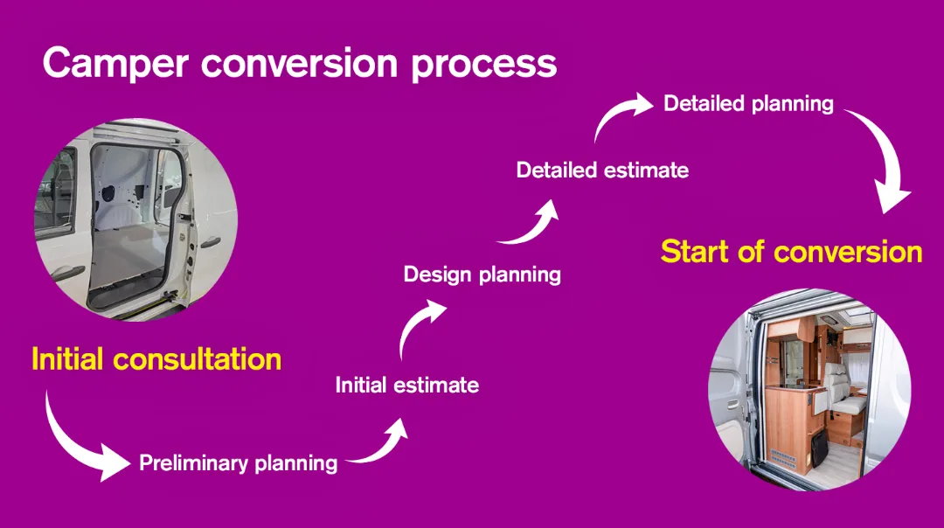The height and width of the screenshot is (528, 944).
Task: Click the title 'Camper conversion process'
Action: [x=300, y=64]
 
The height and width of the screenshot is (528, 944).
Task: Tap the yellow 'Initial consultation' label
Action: [x=156, y=358]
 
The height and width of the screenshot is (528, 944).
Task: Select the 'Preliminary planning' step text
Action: [x=239, y=463]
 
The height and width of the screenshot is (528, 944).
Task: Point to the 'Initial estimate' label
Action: [x=407, y=386]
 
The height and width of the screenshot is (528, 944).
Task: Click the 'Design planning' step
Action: [x=482, y=275]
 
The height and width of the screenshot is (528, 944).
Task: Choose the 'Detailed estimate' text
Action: [x=602, y=170]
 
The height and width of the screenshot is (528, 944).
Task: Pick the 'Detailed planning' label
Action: [x=748, y=104]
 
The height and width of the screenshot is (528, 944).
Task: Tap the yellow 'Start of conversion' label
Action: [x=792, y=252]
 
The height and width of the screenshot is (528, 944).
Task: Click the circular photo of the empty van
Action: [x=135, y=219]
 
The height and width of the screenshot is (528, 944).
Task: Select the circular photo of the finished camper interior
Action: [x=809, y=390]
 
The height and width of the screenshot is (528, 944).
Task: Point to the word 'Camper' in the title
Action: [x=115, y=64]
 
